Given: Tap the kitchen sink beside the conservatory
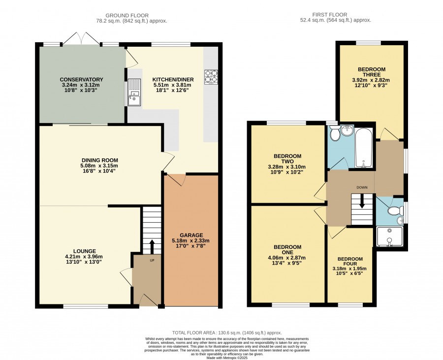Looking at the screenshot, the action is tap(134, 92).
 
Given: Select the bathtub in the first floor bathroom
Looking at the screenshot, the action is tap(364, 148).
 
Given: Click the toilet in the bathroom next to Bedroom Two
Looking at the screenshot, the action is tap(335, 133).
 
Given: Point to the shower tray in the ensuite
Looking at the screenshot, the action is tap(389, 237).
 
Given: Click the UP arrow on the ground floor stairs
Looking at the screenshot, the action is tap(152, 247).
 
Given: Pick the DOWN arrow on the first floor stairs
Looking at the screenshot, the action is tap(362, 201).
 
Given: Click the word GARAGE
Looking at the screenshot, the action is tap(191, 235).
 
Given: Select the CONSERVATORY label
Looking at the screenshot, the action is tap(81, 80).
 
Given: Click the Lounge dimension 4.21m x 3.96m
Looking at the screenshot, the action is tap(84, 257).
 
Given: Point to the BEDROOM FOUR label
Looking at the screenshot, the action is tap(350, 262).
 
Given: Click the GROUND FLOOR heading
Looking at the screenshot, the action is tap(127, 15).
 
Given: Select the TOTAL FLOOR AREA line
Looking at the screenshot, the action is tap(227, 333).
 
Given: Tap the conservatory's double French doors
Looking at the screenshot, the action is tap(81, 39).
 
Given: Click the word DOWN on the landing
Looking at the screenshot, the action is tap(362, 187).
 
